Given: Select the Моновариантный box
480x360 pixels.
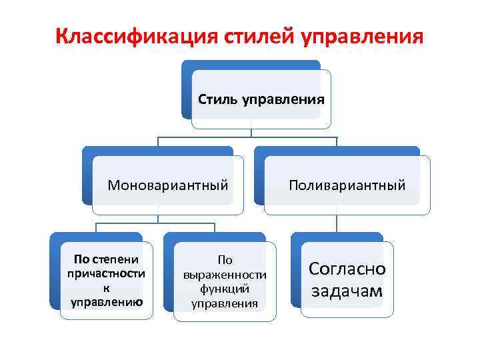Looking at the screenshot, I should (x=168, y=185).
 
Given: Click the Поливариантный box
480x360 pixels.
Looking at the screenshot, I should (x=347, y=185).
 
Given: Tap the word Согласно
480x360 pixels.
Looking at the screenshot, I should (x=347, y=269).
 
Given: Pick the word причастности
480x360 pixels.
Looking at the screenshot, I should (x=106, y=274).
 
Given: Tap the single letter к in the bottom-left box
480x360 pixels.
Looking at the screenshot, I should (x=106, y=288).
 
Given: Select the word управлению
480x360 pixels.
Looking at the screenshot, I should (x=106, y=302).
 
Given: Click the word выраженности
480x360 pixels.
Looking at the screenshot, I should (x=225, y=275).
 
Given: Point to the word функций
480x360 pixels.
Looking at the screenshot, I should (x=225, y=289).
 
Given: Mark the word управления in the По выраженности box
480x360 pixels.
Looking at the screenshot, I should (x=225, y=303).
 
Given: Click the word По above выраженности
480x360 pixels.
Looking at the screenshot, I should (x=225, y=260).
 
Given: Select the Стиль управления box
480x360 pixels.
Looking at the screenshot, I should (x=261, y=100).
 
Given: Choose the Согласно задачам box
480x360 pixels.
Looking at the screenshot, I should (x=347, y=279).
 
